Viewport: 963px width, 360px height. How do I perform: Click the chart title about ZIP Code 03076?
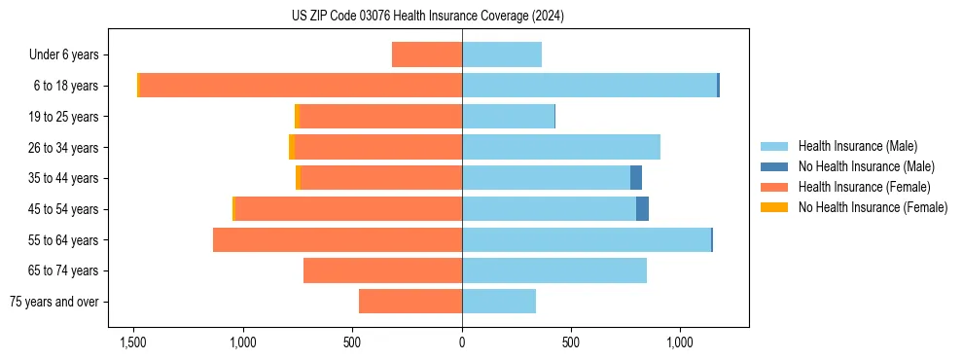pos(427,17)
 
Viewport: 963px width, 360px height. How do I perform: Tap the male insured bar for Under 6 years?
pos(501,54)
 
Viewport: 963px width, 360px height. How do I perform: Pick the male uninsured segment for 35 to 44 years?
pos(636,178)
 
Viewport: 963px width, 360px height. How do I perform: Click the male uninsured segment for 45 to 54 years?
pos(642,208)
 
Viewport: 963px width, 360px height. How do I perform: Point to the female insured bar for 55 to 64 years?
pos(337,239)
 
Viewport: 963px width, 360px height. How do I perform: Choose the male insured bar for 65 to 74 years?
pos(553,270)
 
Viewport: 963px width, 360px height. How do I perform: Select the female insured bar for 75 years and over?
pos(410,302)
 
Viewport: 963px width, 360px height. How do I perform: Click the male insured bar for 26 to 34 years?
pos(560,147)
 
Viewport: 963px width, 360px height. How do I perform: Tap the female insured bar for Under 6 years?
pos(426,54)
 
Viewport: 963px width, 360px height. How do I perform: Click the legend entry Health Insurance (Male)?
pos(857,146)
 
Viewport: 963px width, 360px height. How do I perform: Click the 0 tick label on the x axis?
pos(462,342)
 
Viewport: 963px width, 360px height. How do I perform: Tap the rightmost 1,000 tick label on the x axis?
pos(679,342)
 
